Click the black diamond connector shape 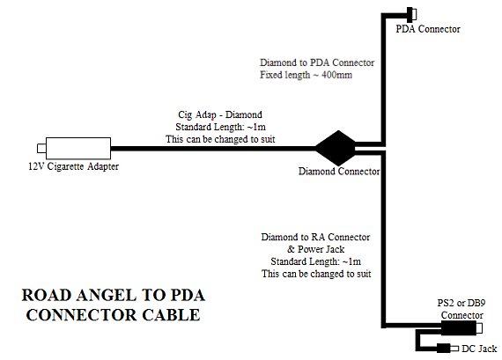pyautogui.click(x=336, y=148)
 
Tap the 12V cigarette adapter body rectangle pyautogui.click(x=78, y=148)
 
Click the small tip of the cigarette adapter pyautogui.click(x=41, y=149)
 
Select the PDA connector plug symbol pyautogui.click(x=411, y=15)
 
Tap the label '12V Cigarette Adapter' pyautogui.click(x=74, y=166)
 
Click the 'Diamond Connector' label pyautogui.click(x=339, y=172)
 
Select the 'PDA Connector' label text pyautogui.click(x=428, y=29)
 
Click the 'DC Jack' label pyautogui.click(x=479, y=349)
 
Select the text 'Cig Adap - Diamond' pyautogui.click(x=220, y=115)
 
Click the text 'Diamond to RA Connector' pyautogui.click(x=315, y=237)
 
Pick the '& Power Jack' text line pyautogui.click(x=315, y=249)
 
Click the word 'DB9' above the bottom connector pyautogui.click(x=476, y=303)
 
